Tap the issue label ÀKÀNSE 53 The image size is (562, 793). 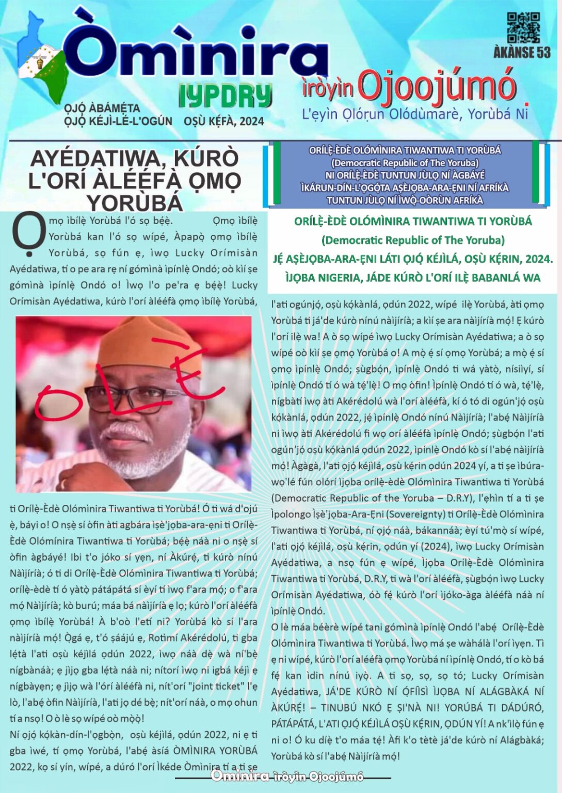coord(522,52)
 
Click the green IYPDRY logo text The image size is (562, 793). coord(225,96)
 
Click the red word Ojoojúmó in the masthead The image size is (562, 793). coord(437,85)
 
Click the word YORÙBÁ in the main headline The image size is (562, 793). coord(135,203)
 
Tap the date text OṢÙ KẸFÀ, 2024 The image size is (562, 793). coord(223,121)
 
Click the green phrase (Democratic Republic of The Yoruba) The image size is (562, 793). coord(413,240)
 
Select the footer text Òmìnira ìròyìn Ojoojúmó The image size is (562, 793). coord(287,776)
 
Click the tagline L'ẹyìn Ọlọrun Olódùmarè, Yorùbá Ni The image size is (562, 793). coord(415,114)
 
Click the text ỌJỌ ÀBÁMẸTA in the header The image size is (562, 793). coord(102,108)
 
